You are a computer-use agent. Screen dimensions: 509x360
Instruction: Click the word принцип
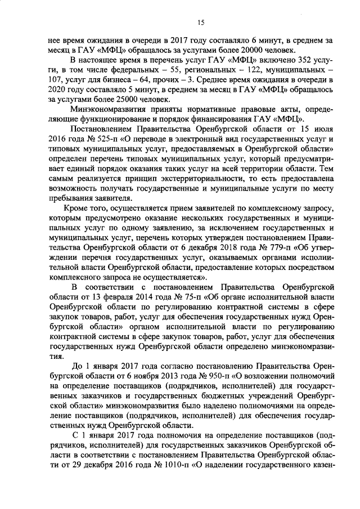134,178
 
